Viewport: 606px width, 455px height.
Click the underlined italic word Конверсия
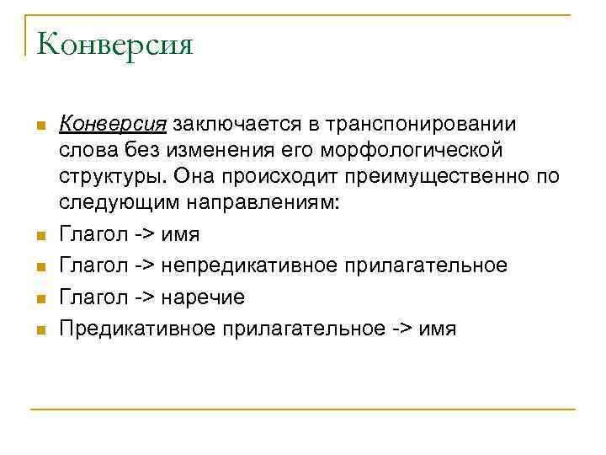pos(112,124)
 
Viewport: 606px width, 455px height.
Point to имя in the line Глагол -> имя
pos(180,234)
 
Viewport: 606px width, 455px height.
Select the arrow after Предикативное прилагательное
pos(401,329)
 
